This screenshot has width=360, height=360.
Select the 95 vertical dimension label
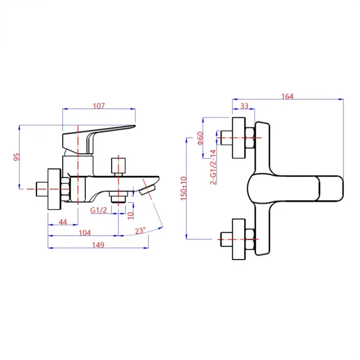coord(16,157)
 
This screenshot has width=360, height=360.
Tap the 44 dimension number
coord(63,222)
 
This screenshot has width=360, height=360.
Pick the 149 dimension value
coord(98,245)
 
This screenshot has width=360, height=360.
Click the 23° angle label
coord(141,230)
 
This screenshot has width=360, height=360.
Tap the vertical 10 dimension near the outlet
coord(130,215)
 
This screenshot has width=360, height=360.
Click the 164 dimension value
coord(288,96)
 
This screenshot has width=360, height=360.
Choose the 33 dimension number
coord(244,106)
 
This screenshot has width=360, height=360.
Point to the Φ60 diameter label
coord(201,138)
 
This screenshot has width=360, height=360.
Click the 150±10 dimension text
coord(184,188)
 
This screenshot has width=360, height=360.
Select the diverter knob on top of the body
coord(118,165)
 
